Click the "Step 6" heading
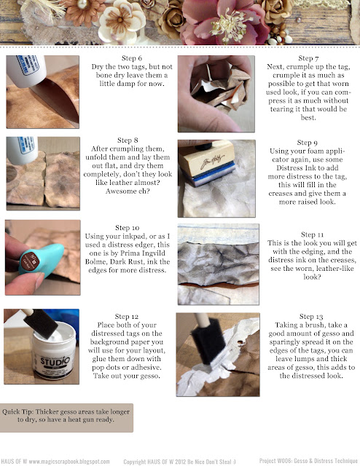[x=131, y=58]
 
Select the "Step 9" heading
[x=307, y=143]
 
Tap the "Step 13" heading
[x=311, y=317]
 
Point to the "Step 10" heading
[x=127, y=228]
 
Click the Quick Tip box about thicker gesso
[x=66, y=417]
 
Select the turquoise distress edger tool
[x=42, y=258]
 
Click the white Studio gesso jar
[x=54, y=351]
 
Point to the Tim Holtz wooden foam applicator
[x=208, y=163]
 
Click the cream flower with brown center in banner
[x=120, y=21]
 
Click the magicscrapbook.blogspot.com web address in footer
[x=69, y=462]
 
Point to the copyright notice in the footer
[x=179, y=462]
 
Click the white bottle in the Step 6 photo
[x=26, y=71]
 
